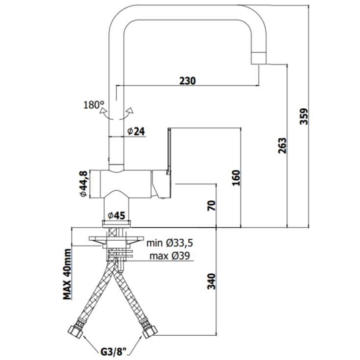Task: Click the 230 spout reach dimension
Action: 187,81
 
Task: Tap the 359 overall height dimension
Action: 304,116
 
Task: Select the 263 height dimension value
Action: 283,145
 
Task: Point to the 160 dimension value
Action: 236,178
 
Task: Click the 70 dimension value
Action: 212,205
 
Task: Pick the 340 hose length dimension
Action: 212,281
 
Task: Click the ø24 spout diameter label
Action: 136,131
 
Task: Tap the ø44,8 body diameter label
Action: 83,184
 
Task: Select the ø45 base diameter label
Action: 117,216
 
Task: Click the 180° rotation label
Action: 94,105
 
